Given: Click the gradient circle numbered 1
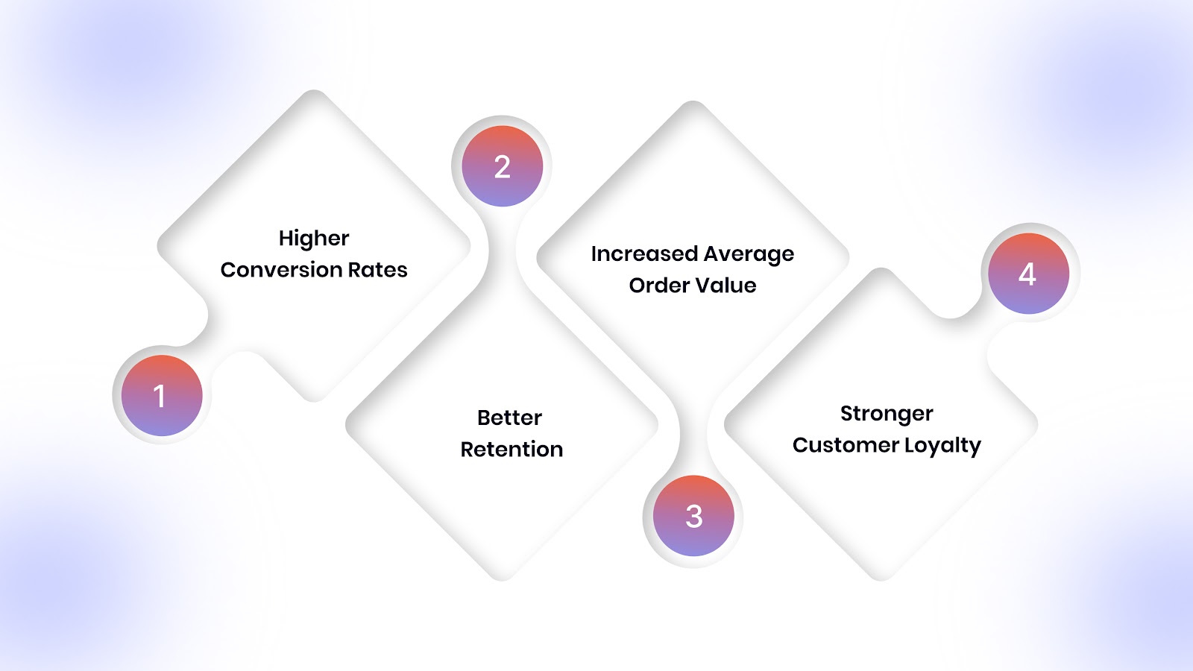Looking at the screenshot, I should (x=162, y=395).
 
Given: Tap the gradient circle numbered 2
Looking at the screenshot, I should (x=502, y=166).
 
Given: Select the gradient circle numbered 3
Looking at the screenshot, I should (x=693, y=516).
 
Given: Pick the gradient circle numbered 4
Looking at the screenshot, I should (x=1028, y=274).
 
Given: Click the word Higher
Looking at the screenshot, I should (x=314, y=239).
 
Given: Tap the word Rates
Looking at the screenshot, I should (x=379, y=270).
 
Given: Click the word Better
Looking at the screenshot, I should (x=510, y=418).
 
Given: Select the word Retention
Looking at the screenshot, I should (x=511, y=450).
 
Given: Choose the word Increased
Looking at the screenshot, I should (x=644, y=254).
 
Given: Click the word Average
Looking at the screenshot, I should (x=749, y=254).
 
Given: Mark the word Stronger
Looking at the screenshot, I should (x=887, y=414).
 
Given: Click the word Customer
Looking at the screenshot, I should (x=846, y=445).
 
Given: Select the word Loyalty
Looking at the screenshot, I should (x=942, y=446).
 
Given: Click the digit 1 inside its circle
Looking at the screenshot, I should (x=159, y=396).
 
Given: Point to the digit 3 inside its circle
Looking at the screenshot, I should (x=694, y=517).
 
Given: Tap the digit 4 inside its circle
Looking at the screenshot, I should (x=1027, y=274).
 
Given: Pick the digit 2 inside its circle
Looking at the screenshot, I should (x=503, y=167).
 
